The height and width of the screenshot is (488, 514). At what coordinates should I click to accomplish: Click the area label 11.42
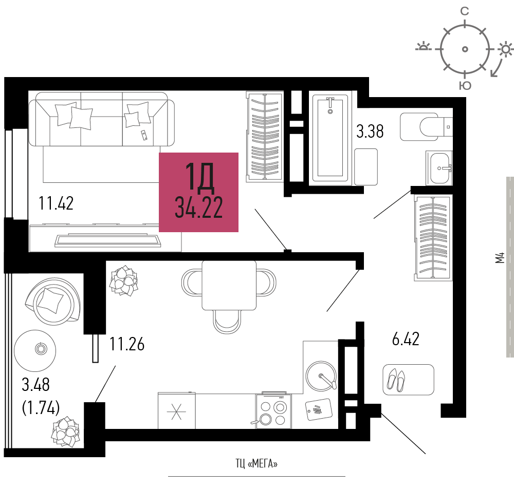[56, 203]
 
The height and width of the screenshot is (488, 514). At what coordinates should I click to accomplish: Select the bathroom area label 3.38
[370, 132]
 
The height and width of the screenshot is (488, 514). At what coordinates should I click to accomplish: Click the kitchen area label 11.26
[126, 344]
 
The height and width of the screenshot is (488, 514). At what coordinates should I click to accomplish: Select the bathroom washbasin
[439, 167]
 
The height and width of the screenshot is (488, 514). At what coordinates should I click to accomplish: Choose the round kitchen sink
[321, 376]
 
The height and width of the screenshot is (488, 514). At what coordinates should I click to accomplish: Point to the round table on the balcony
[40, 349]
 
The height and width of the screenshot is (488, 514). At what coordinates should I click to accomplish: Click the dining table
[229, 285]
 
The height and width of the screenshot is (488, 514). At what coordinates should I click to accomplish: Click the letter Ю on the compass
[465, 86]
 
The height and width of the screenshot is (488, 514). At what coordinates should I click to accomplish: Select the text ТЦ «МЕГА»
[256, 464]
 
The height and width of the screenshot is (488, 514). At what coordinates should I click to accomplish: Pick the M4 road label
[499, 257]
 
